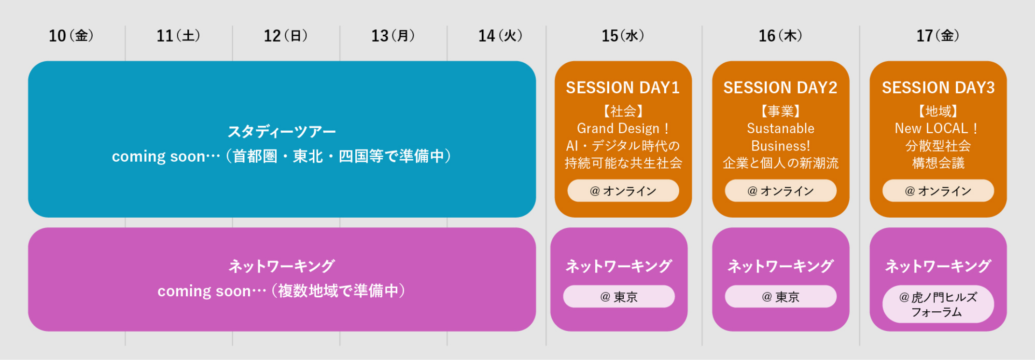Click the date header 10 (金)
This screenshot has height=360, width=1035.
(71, 36)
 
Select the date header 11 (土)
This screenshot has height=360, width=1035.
(178, 36)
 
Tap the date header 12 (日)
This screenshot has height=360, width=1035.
(285, 36)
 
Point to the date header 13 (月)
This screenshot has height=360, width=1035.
(393, 36)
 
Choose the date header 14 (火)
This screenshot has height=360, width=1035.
(500, 36)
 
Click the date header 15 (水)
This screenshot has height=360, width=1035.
(623, 36)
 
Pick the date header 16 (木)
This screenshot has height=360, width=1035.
(780, 36)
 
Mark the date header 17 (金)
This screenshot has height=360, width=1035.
(937, 36)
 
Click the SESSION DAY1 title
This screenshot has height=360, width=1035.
(623, 87)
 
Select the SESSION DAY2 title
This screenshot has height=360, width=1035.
(780, 87)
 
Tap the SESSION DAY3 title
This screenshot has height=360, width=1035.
(938, 87)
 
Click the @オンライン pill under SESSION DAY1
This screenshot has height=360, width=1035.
(623, 191)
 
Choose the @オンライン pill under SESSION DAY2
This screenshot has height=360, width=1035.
(781, 191)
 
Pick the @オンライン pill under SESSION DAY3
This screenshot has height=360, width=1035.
(938, 191)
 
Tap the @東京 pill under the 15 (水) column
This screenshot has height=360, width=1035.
(619, 296)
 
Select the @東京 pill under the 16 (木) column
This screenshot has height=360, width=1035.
(781, 296)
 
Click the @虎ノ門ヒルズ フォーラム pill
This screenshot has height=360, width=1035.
(938, 304)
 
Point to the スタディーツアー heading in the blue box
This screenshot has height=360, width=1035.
(282, 131)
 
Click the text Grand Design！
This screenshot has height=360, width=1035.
(623, 128)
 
